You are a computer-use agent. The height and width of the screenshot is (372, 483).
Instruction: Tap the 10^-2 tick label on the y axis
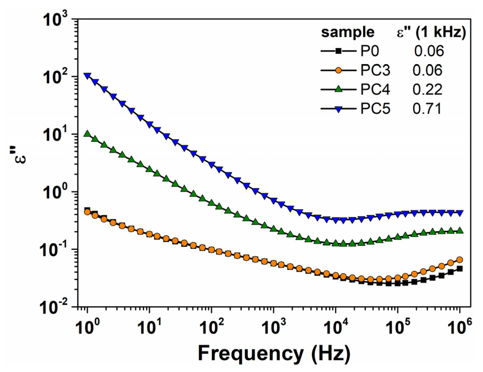point(53,307)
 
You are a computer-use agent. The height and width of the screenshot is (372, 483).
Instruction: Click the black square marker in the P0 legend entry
point(338,51)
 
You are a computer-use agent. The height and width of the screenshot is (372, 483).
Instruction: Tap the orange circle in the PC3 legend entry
point(338,70)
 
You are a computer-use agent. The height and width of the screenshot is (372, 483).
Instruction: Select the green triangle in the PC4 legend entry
point(338,89)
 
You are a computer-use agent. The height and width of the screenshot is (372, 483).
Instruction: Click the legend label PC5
point(375,109)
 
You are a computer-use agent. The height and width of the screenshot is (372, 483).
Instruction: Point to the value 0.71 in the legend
point(427,109)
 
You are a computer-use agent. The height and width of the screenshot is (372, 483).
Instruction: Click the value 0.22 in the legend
point(427,89)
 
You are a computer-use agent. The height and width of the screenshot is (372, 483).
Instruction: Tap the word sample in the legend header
point(347,32)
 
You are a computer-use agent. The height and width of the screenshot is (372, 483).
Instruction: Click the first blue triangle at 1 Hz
point(88,76)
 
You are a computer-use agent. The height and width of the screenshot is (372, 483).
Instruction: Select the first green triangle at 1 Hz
point(88,134)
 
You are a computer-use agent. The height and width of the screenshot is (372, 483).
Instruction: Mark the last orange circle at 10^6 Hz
point(460,259)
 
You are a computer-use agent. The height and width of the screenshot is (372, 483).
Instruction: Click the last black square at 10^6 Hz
point(460,269)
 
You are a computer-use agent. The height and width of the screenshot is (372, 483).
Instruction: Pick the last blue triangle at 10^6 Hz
point(460,213)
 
